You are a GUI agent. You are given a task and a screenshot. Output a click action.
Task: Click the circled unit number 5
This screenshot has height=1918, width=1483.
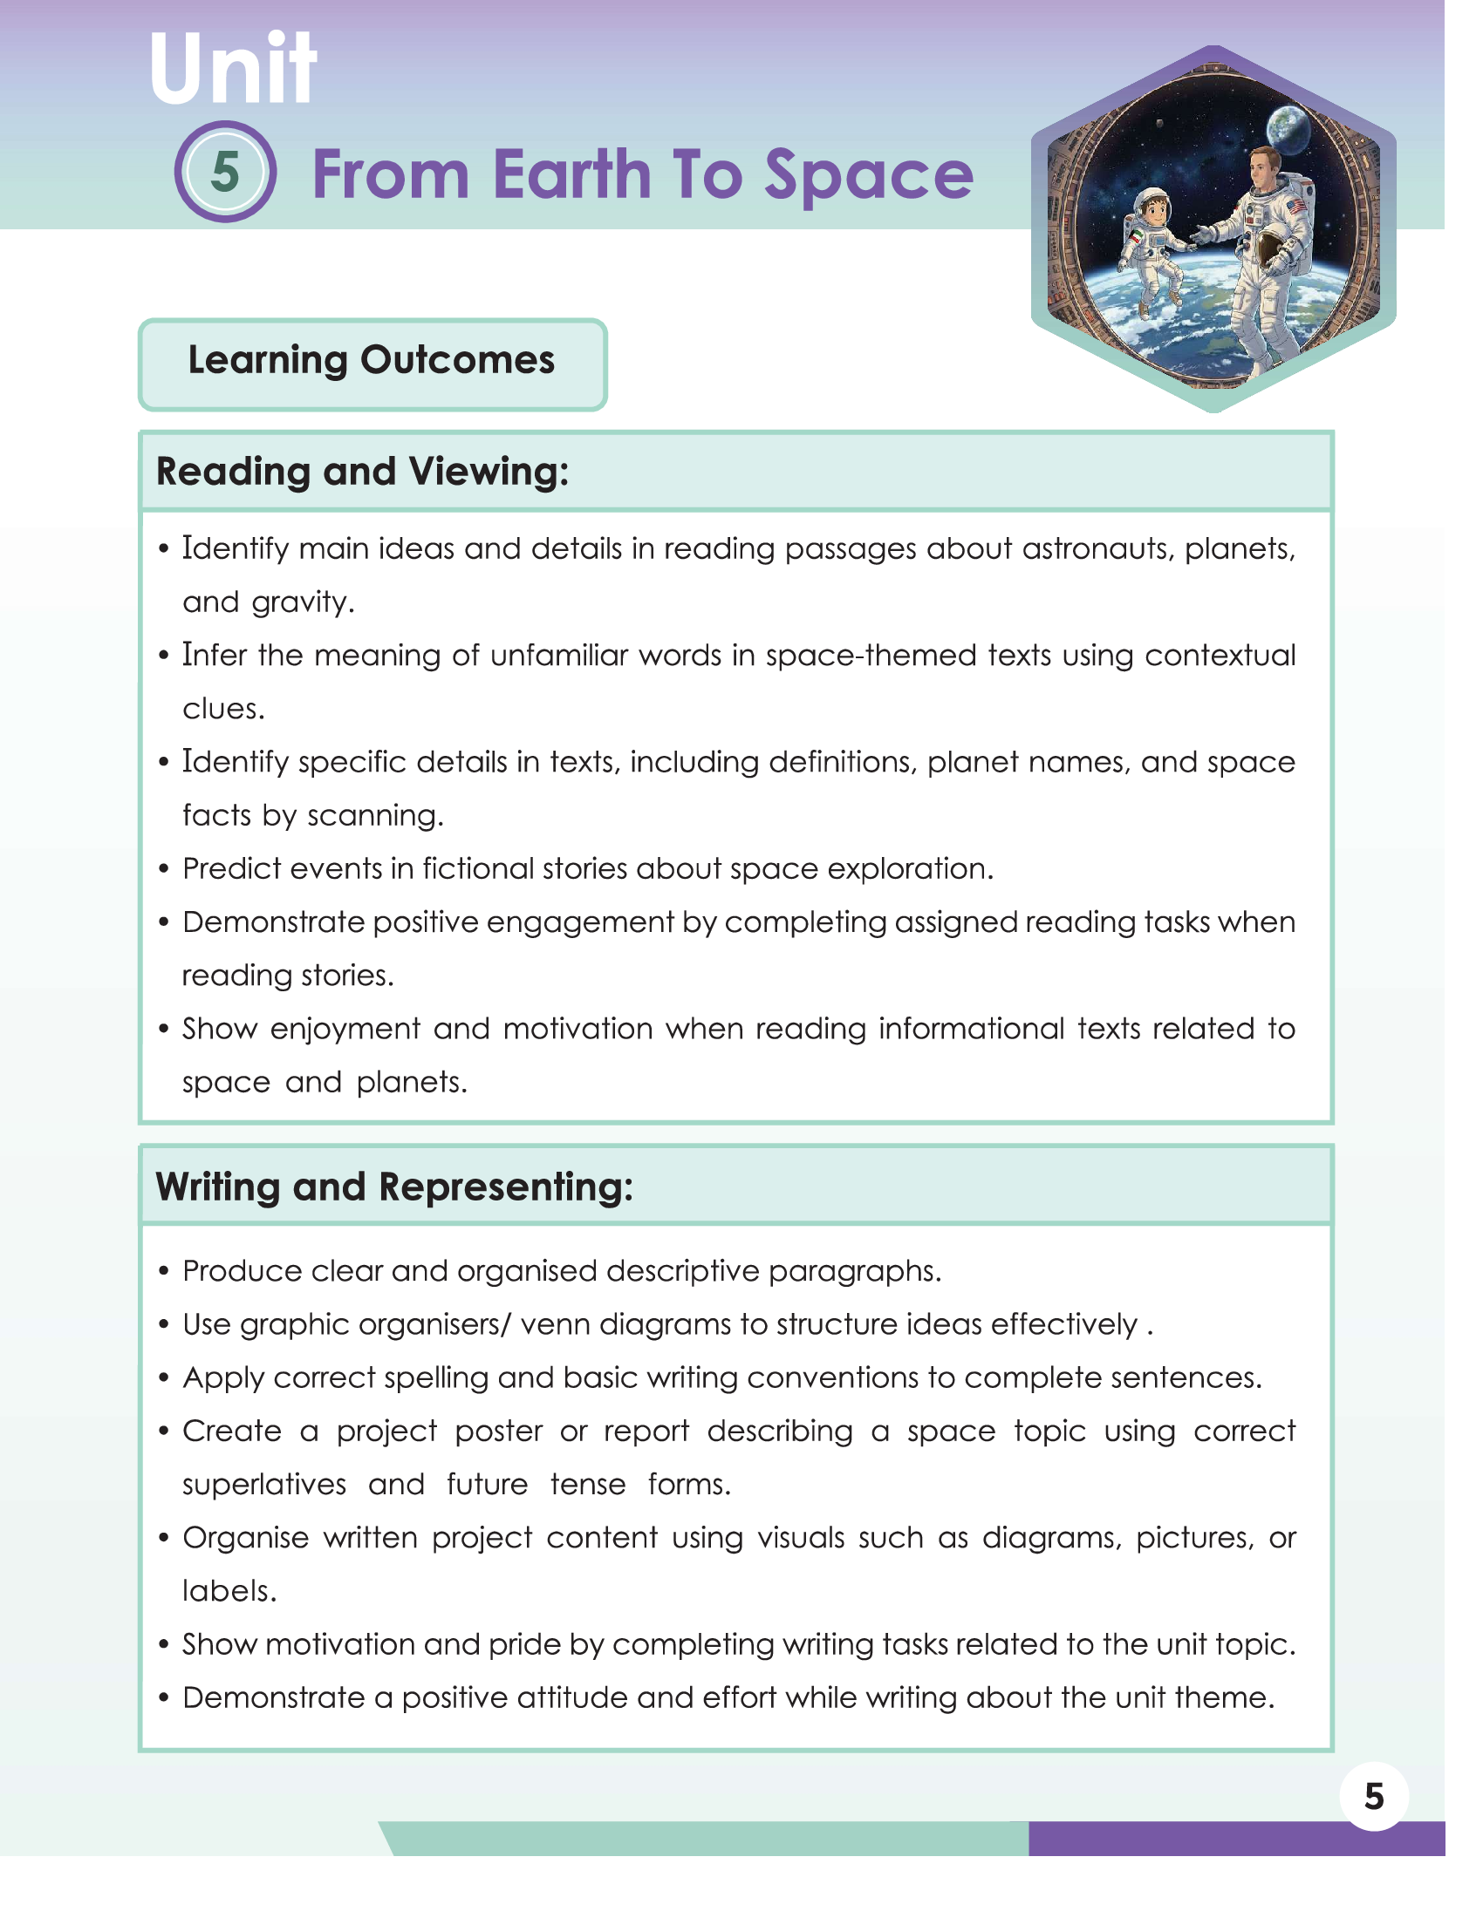tap(225, 171)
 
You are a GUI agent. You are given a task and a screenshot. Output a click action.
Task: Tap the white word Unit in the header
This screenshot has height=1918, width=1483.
tap(232, 70)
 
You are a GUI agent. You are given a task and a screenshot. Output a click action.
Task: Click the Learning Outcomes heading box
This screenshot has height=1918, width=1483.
tap(372, 363)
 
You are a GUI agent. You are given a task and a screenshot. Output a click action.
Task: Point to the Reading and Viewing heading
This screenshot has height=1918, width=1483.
tap(362, 472)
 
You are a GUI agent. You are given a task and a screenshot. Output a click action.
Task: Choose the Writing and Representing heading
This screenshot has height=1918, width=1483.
tap(393, 1187)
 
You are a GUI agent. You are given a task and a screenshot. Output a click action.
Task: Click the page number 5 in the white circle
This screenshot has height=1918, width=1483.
tap(1373, 1796)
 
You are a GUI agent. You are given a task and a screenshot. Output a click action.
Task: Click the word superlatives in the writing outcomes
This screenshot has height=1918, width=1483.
tap(263, 1485)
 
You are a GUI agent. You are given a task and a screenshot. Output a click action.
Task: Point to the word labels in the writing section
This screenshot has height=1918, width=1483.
tap(228, 1591)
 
